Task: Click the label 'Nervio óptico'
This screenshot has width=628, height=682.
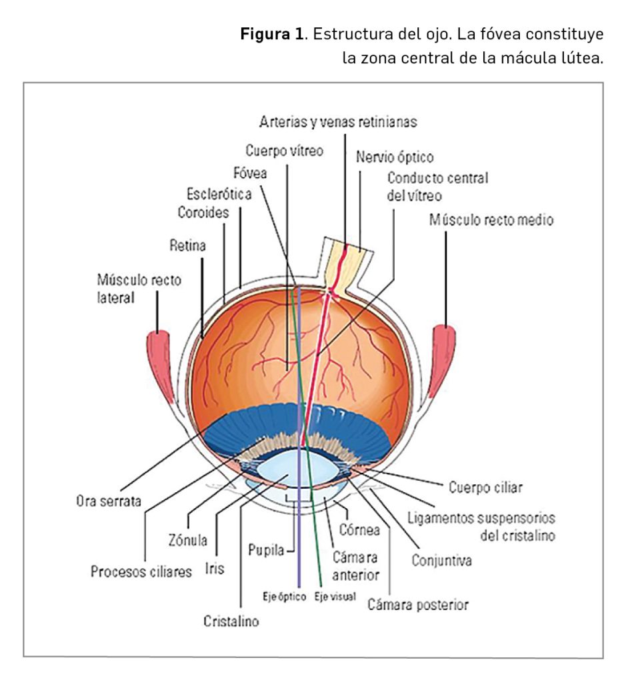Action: coord(395,158)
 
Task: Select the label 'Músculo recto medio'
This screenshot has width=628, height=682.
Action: coord(491,220)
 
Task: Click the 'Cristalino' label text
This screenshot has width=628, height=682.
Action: coord(231,622)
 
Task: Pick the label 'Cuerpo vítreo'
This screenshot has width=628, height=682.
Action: coord(284,151)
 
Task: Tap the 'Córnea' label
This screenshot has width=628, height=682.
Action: coord(359,530)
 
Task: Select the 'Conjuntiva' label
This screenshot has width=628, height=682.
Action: coord(441,560)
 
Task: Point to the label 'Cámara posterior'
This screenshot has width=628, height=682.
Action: coord(418,605)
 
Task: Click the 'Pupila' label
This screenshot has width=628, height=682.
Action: coord(263,551)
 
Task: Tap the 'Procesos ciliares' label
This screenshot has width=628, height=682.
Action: coord(141,571)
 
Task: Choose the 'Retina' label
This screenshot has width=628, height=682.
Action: coord(187,246)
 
